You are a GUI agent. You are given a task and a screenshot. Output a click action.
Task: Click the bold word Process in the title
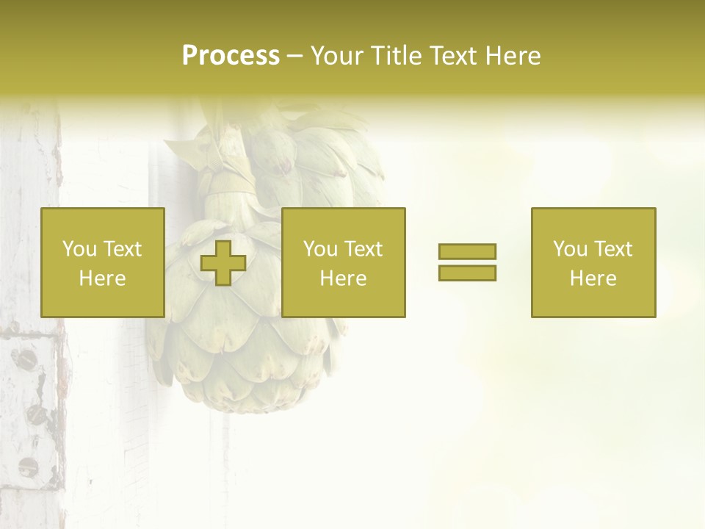tap(231, 56)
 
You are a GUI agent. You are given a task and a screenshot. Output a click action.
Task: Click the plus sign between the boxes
tap(223, 263)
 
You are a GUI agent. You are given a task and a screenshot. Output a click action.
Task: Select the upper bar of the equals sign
tap(467, 251)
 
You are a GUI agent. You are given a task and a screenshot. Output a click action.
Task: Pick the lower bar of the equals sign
tap(467, 273)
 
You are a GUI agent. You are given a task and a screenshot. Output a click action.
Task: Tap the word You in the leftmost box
tap(78, 249)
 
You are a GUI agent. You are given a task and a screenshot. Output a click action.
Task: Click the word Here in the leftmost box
tap(102, 278)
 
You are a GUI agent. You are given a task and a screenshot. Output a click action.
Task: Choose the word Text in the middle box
tap(364, 249)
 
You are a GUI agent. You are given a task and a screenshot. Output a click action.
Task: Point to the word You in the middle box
tap(319, 249)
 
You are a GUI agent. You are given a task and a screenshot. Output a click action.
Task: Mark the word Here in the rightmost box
tap(593, 278)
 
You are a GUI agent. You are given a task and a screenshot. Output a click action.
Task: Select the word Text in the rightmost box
tap(613, 249)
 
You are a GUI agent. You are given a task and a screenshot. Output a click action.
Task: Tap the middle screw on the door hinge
tap(37, 414)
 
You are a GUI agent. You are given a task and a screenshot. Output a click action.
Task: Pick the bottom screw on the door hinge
tap(28, 466)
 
